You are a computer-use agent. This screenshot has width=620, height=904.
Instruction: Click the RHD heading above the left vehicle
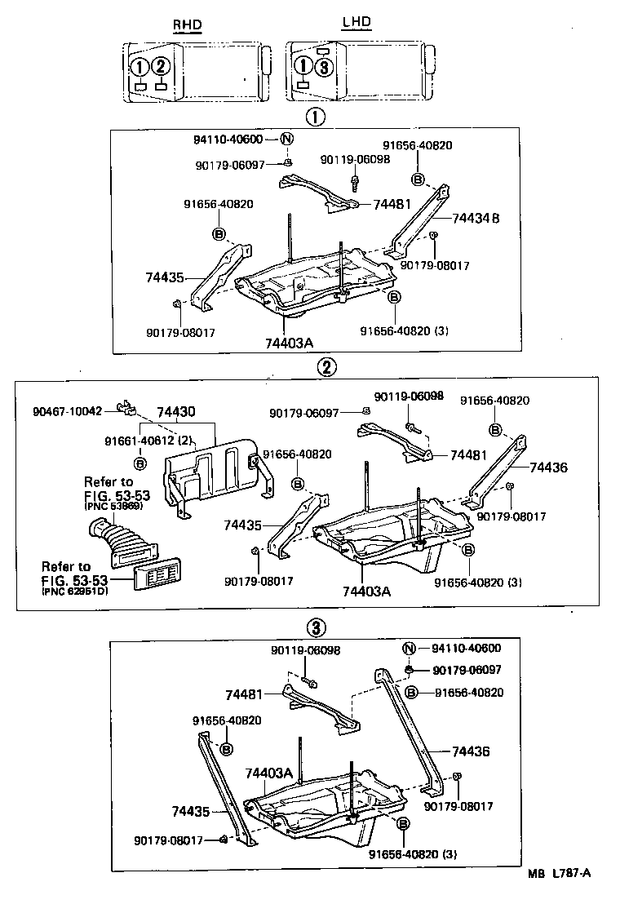pyautogui.click(x=186, y=25)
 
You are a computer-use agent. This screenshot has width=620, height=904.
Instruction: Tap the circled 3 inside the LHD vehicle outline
pyautogui.click(x=324, y=68)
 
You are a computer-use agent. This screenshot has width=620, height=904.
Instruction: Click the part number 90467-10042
pyautogui.click(x=68, y=411)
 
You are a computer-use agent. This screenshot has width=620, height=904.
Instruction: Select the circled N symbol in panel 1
pyautogui.click(x=286, y=139)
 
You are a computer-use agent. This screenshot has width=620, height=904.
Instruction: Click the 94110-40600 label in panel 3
pyautogui.click(x=467, y=649)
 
